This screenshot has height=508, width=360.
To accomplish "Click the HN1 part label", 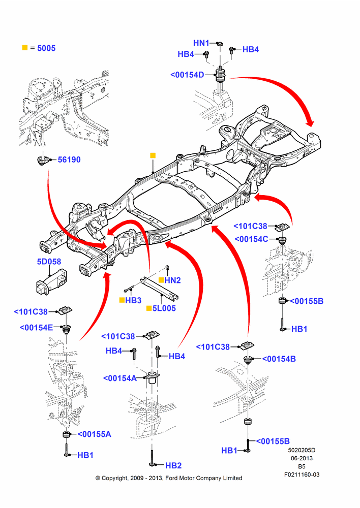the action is [201, 43].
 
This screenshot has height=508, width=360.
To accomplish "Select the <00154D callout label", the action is [187, 75].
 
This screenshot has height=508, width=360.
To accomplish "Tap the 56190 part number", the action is [69, 160].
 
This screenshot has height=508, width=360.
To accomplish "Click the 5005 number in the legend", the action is [46, 48].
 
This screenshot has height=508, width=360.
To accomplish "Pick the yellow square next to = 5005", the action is [24, 48].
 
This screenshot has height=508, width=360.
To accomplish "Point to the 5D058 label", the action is [49, 262].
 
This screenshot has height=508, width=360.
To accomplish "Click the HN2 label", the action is [172, 280].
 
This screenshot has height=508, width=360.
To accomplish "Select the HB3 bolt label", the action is [133, 300].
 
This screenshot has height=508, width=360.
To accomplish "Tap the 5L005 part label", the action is [164, 308].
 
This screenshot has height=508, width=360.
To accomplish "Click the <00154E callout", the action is [36, 328].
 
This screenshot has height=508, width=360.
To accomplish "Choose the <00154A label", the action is [120, 378].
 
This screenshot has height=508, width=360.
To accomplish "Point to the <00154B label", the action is [279, 359].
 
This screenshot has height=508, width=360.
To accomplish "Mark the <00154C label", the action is [251, 239].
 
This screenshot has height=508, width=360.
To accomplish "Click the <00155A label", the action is [95, 434].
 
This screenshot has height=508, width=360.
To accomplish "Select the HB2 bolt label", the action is [173, 465].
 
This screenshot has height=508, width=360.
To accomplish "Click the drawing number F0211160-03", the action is [302, 474].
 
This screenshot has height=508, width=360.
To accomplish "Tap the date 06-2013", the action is [302, 458].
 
